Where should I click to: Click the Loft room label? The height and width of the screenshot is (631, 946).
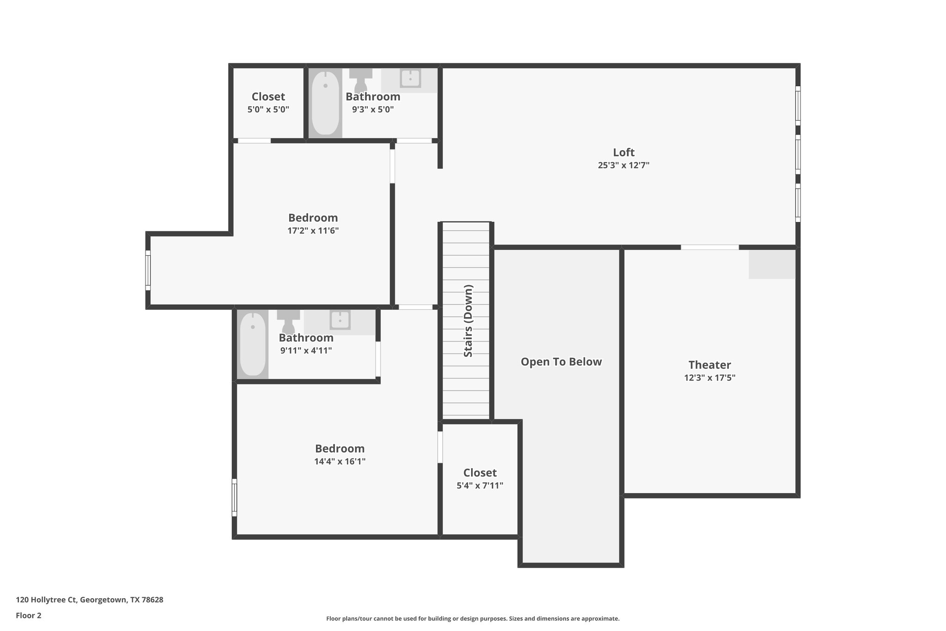pyautogui.click(x=624, y=153)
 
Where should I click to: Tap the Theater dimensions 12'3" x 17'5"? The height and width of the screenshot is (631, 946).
pyautogui.click(x=709, y=378)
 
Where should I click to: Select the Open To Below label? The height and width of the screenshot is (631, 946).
pyautogui.click(x=561, y=362)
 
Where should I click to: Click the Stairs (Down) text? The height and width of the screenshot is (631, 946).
pyautogui.click(x=468, y=321)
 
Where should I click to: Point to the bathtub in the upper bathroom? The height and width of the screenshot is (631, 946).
pyautogui.click(x=325, y=103)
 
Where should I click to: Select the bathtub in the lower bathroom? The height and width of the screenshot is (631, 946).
pyautogui.click(x=253, y=344)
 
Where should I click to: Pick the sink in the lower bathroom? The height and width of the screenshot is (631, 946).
pyautogui.click(x=340, y=319)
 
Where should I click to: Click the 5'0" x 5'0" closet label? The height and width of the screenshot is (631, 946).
pyautogui.click(x=268, y=97)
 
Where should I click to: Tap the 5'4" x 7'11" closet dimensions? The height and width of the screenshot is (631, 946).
pyautogui.click(x=480, y=485)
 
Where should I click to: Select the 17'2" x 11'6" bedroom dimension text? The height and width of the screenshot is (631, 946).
pyautogui.click(x=313, y=231)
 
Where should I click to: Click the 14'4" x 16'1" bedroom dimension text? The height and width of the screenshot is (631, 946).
pyautogui.click(x=340, y=461)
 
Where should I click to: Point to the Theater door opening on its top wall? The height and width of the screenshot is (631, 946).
pyautogui.click(x=709, y=247)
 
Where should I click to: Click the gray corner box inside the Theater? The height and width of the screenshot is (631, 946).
pyautogui.click(x=771, y=264)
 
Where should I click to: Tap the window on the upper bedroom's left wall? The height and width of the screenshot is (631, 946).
pyautogui.click(x=148, y=270)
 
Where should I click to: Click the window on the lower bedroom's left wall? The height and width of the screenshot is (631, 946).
pyautogui.click(x=234, y=497)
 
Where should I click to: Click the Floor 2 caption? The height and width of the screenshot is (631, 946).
pyautogui.click(x=29, y=615)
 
